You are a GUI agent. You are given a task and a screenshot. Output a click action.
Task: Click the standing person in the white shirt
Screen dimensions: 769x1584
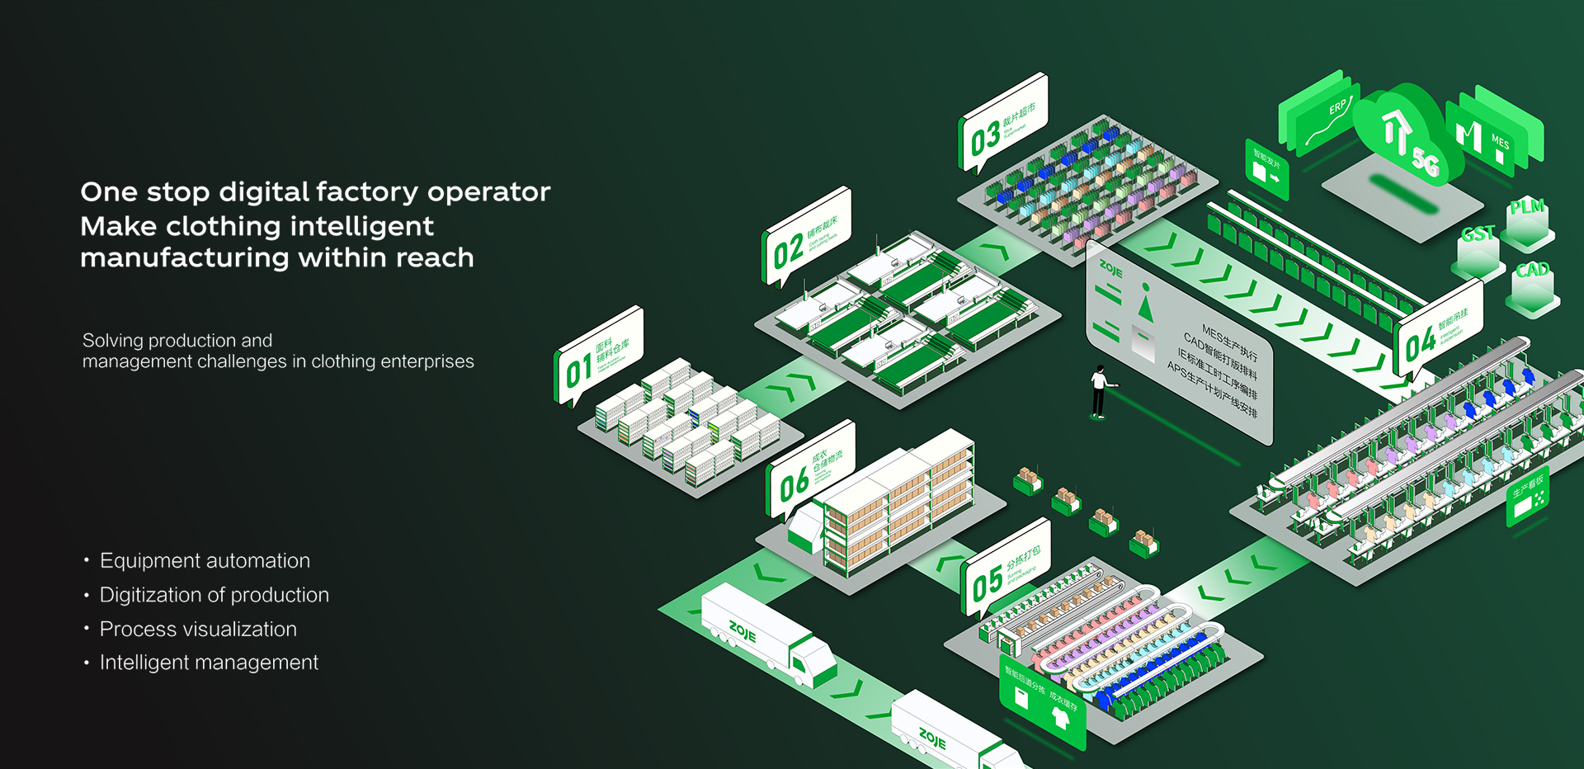(1099, 391)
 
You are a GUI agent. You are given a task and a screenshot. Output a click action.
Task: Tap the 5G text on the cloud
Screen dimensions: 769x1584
(1426, 159)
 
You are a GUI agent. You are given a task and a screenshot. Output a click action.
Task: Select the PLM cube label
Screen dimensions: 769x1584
(1526, 207)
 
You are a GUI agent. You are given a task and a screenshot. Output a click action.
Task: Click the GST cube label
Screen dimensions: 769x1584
(1478, 234)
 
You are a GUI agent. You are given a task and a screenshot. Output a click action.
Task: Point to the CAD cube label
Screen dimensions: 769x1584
(1531, 270)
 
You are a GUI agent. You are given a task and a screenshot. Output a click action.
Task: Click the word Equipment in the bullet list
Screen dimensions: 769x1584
(144, 561)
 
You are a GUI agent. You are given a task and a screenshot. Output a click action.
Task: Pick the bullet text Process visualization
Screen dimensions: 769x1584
(198, 630)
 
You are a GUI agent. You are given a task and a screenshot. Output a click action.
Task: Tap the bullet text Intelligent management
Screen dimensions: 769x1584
(209, 663)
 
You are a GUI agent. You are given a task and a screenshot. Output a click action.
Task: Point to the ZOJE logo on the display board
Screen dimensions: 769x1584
(1110, 269)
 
